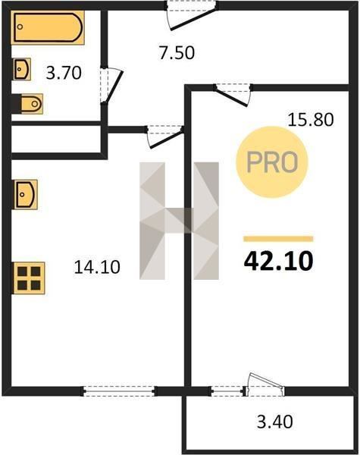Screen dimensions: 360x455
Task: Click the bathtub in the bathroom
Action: [48, 27]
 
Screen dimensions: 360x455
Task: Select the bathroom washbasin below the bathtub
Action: [22, 69]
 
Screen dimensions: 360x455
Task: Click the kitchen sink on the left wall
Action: [26, 194]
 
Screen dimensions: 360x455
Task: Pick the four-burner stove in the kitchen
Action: [29, 278]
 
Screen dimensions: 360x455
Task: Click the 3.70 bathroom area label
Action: [64, 73]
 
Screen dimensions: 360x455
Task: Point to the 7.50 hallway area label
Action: [177, 53]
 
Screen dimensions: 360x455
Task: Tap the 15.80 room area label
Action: [311, 120]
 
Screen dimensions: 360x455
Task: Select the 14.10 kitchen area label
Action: [97, 267]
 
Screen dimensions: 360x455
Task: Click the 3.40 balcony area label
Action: [274, 422]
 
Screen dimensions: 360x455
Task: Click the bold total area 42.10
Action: [278, 261]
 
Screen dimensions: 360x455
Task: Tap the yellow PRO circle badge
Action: [272, 162]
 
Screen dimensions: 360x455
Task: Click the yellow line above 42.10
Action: [278, 239]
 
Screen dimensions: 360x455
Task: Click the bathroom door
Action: [114, 86]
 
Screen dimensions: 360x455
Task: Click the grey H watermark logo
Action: [179, 221]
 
